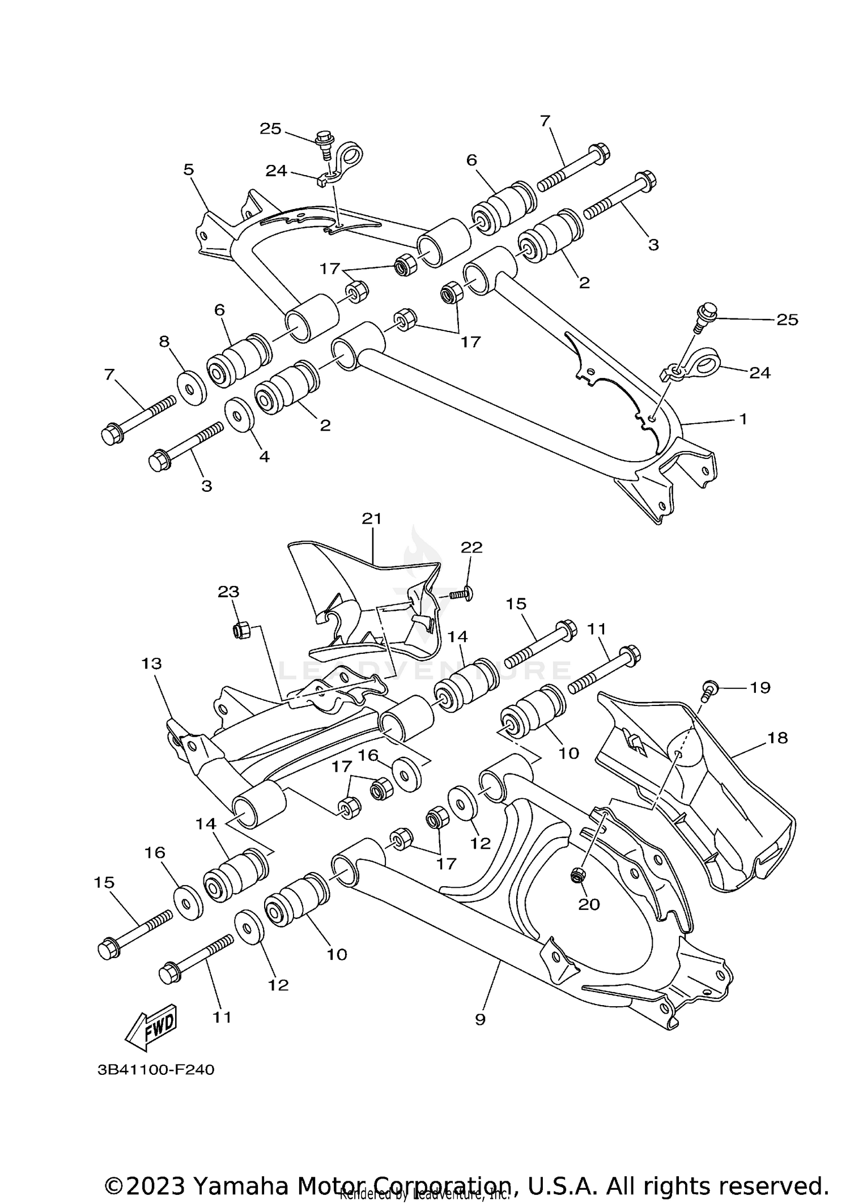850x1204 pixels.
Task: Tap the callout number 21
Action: pos(372,518)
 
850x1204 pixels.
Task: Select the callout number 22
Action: pos(471,547)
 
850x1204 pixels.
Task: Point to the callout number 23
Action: pos(228,592)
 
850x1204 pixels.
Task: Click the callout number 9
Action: pos(480,1019)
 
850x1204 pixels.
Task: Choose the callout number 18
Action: pos(778,738)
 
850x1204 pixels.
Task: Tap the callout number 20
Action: pos(589,904)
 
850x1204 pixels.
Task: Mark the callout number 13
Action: pos(151,663)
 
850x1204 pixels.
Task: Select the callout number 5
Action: pos(189,169)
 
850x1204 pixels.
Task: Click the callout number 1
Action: pos(743,419)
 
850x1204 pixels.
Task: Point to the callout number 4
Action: pos(264,456)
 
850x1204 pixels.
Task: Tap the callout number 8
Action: pos(164,341)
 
